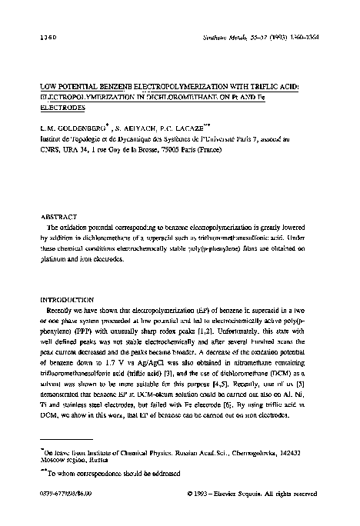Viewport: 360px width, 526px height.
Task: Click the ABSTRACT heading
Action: point(58,216)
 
